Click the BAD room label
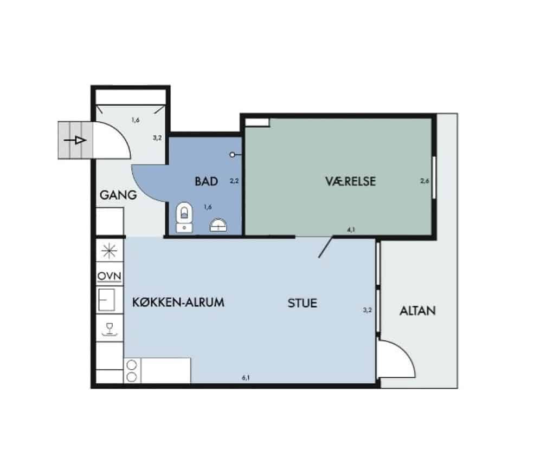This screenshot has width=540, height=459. tap(206, 181)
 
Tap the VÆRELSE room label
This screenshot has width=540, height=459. tap(351, 181)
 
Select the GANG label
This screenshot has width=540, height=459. tap(118, 195)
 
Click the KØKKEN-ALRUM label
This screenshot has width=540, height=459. tap(178, 302)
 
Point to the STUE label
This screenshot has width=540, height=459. tap(303, 303)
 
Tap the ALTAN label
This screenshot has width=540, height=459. tap(417, 311)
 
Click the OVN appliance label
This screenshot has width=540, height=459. tap(109, 276)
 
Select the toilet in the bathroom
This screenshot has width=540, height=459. tap(184, 217)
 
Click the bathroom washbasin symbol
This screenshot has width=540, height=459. tap(218, 225)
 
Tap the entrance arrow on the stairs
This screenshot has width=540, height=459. tap(75, 140)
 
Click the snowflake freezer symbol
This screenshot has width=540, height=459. tap(109, 250)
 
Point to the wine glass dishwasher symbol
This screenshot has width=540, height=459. tap(110, 329)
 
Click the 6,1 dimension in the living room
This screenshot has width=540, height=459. tap(246, 377)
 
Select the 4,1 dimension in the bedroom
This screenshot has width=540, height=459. tap(351, 229)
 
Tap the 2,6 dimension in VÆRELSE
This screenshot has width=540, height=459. tap(425, 181)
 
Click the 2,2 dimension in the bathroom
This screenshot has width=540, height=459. tap(234, 181)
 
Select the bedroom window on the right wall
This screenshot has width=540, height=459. tap(434, 178)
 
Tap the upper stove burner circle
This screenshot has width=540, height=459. tap(132, 365)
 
